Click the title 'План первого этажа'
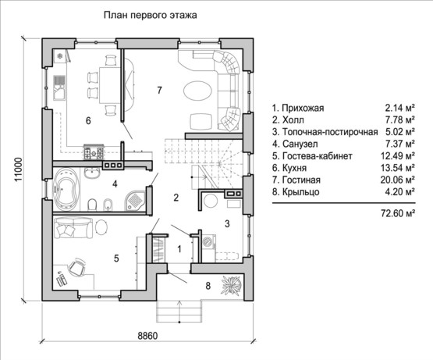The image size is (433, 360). pyautogui.click(x=151, y=15)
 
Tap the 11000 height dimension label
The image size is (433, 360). pyautogui.click(x=19, y=169)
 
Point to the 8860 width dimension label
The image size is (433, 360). pyautogui.click(x=147, y=336)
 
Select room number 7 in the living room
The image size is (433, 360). pyautogui.click(x=159, y=90)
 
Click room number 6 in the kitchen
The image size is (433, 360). pyautogui.click(x=88, y=121)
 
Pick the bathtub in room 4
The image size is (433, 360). pyautogui.click(x=66, y=189)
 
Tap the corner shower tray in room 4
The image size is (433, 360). pyautogui.click(x=135, y=200)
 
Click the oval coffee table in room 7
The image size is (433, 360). pyautogui.click(x=197, y=91)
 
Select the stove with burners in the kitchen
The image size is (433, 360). pyautogui.click(x=94, y=151)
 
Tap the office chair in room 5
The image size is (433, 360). pyautogui.click(x=76, y=266)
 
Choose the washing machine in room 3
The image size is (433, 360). pyautogui.click(x=209, y=242)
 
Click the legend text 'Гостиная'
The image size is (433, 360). pyautogui.click(x=301, y=180)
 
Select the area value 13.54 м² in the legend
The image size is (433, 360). pyautogui.click(x=398, y=168)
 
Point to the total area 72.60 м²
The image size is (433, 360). pyautogui.click(x=398, y=213)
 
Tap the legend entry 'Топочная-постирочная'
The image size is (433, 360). pyautogui.click(x=330, y=132)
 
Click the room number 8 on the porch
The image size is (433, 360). pyautogui.click(x=208, y=286)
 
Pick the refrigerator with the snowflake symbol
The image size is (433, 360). pyautogui.click(x=59, y=56)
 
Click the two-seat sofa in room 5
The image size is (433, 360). pyautogui.click(x=73, y=228)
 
